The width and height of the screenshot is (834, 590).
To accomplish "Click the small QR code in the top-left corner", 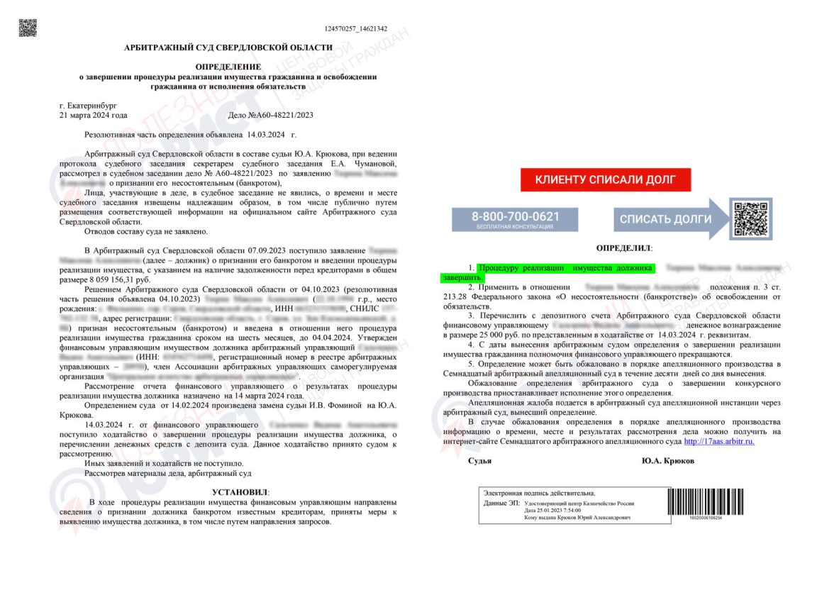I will (28, 28).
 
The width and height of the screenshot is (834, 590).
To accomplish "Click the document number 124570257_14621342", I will (356, 29).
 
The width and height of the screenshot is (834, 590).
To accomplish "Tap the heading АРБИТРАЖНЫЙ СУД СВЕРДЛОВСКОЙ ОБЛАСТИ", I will (228, 48).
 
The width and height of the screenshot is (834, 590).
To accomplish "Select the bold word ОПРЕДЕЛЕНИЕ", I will (228, 67).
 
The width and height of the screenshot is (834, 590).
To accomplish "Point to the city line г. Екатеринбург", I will (89, 105).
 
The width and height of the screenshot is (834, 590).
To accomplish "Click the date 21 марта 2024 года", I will (94, 115).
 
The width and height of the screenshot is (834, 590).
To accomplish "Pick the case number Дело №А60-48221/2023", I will (270, 115).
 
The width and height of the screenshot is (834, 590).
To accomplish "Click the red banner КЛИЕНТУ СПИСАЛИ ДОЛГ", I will (605, 180).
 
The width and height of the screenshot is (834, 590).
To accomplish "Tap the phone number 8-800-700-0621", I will (516, 216).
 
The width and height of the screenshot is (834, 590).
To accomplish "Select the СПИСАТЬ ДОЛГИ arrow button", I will (667, 219).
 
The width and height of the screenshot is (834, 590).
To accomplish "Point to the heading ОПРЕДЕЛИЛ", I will (624, 248).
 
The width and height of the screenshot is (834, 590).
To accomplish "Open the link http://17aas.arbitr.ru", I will (718, 441).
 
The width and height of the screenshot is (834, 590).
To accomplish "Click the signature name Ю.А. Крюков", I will (668, 461).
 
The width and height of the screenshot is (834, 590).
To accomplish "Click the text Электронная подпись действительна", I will (539, 493).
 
